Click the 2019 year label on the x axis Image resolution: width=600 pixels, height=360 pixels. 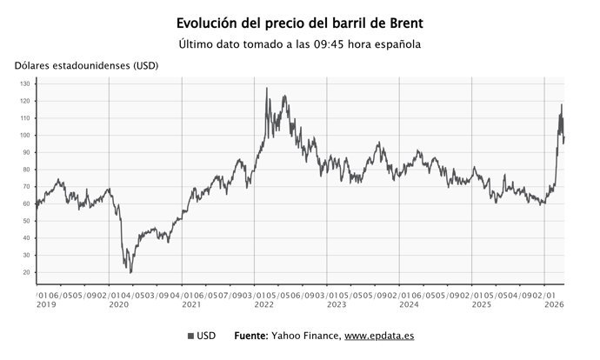pos(44,304)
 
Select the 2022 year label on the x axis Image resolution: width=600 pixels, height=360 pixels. pos(263,304)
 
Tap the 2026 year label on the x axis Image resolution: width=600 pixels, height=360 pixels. pos(553,304)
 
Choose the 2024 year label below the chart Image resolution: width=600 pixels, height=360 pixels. pos(408,304)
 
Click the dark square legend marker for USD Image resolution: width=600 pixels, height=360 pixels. pos(190,336)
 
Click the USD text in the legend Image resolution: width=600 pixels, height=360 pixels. pos(207,336)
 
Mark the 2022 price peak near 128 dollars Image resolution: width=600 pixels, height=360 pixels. pos(266,88)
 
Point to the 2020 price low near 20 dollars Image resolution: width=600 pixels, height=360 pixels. pos(130,272)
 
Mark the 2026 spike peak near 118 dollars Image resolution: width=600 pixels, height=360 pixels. pos(561,105)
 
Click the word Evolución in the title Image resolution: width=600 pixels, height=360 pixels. pos(207,23)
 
